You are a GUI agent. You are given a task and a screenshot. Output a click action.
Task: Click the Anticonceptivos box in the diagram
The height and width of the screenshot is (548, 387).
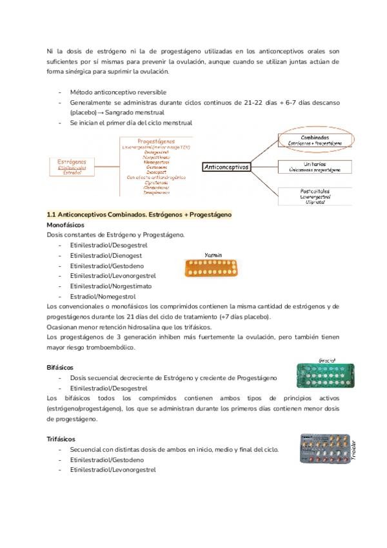pyautogui.click(x=226, y=167)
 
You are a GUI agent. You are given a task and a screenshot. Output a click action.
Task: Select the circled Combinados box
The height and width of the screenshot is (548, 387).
pyautogui.click(x=315, y=139)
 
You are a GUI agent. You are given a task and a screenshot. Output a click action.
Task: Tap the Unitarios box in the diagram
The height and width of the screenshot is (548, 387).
pyautogui.click(x=315, y=167)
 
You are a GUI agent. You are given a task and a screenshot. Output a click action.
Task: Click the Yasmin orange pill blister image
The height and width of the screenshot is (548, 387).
pyautogui.click(x=212, y=267)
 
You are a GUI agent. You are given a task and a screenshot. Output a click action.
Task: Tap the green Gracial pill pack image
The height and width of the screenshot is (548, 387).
pyautogui.click(x=326, y=376)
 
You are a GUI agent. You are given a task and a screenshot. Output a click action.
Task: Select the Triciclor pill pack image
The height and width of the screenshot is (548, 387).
pyautogui.click(x=326, y=448)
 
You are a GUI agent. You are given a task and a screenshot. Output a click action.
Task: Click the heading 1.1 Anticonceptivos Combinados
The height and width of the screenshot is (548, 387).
pyautogui.click(x=139, y=214)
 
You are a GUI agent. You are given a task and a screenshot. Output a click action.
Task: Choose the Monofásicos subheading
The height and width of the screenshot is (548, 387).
pyautogui.click(x=66, y=224)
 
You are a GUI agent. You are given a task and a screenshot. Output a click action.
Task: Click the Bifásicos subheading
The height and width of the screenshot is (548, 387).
pyautogui.click(x=62, y=367)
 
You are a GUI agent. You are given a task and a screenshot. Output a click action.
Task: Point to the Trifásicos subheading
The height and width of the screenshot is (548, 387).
pyautogui.click(x=63, y=439)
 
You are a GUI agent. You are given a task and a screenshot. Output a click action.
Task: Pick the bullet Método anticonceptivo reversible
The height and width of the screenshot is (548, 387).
pyautogui.click(x=117, y=92)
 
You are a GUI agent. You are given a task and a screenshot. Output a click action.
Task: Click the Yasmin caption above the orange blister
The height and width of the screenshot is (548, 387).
pyautogui.click(x=213, y=255)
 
